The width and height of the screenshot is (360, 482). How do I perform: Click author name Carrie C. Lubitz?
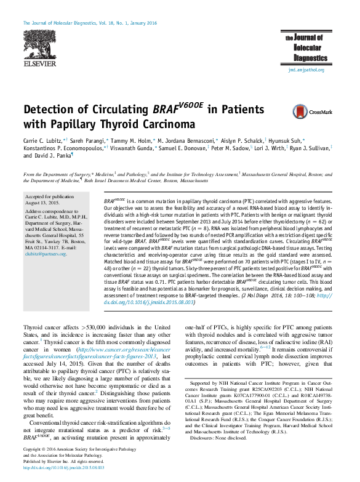coord(43,141)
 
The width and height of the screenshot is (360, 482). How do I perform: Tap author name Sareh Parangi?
coord(87,141)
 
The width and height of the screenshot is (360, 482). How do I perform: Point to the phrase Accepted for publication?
coord(50,196)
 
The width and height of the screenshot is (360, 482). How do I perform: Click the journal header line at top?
coord(90,23)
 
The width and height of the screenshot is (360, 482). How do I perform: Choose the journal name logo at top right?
coord(305,47)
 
